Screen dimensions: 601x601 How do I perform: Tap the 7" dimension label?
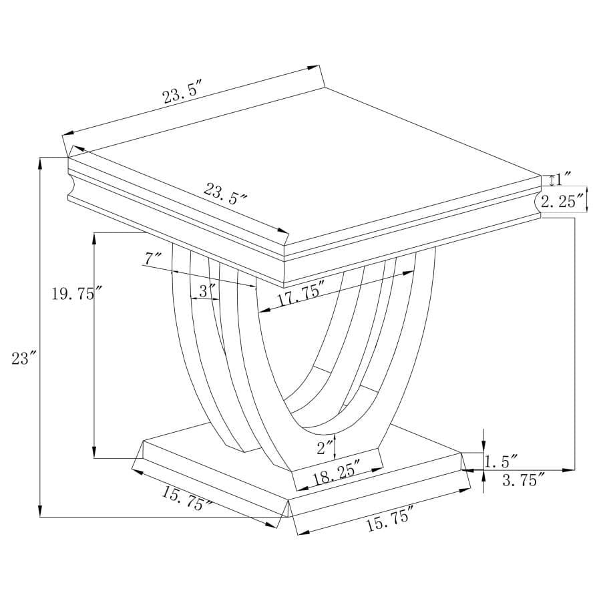tap(153, 257)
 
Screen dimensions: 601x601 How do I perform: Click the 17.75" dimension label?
tap(300, 294)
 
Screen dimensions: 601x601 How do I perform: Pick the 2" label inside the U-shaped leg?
tap(325, 447)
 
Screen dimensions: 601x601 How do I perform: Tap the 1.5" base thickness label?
tap(501, 461)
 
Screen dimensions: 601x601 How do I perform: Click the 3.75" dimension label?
tap(523, 479)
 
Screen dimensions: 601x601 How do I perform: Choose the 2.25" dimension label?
tap(562, 200)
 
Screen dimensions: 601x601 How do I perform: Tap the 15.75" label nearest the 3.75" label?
tap(390, 518)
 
